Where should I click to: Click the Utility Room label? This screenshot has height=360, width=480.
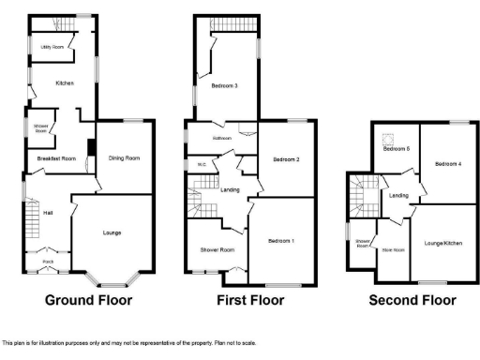pyautogui.click(x=51, y=46)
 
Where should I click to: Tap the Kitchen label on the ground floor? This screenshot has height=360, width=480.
pyautogui.click(x=64, y=83)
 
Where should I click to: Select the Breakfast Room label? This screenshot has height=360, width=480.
pyautogui.click(x=57, y=158)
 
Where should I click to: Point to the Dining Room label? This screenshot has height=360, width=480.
pyautogui.click(x=124, y=158)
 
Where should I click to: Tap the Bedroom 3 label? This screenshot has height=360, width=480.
pyautogui.click(x=224, y=86)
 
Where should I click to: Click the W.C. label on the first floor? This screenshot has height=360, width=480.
pyautogui.click(x=201, y=166)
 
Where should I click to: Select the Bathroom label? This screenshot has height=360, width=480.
pyautogui.click(x=221, y=138)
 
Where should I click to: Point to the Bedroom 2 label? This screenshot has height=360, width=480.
pyautogui.click(x=286, y=159)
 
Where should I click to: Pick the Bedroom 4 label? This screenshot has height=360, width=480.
pyautogui.click(x=448, y=164)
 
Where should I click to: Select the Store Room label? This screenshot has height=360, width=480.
pyautogui.click(x=392, y=249)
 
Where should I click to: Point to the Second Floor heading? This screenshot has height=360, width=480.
pyautogui.click(x=412, y=301)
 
